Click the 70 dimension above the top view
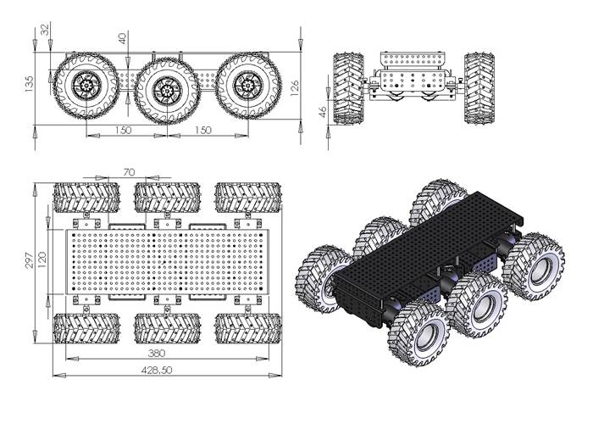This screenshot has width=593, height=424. pyautogui.click(x=129, y=172)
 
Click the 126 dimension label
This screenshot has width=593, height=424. pyautogui.click(x=294, y=84)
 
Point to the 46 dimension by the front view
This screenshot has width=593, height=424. pyautogui.click(x=323, y=111)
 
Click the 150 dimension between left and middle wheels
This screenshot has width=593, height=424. pyautogui.click(x=124, y=130)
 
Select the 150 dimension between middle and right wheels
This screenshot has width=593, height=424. pyautogui.click(x=204, y=130)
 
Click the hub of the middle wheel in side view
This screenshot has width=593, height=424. pyautogui.click(x=166, y=87)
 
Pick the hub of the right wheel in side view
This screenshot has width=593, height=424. pyautogui.click(x=247, y=84)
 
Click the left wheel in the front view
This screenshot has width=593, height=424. pyautogui.click(x=348, y=88)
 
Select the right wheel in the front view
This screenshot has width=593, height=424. pyautogui.click(x=479, y=88)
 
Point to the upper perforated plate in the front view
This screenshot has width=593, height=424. pyautogui.click(x=413, y=62)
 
